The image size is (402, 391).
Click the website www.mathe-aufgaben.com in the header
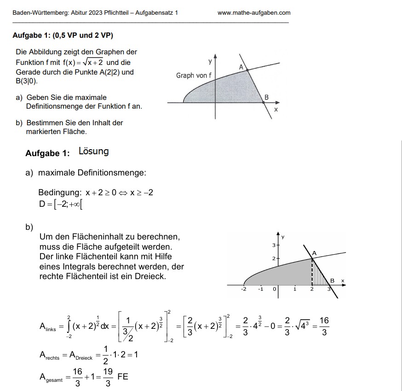[x=254, y=13]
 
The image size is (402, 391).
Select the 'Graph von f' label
[x=194, y=75]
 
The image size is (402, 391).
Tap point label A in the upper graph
[x=241, y=67]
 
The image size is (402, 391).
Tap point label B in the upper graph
[x=266, y=97]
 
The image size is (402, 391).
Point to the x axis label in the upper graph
[x=276, y=110]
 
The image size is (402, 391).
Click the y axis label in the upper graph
[x=210, y=61]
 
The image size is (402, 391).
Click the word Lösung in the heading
[x=94, y=152]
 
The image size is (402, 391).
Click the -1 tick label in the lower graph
[x=260, y=289]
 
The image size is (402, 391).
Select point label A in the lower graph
[x=315, y=253]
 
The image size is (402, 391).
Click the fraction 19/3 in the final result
[x=108, y=377]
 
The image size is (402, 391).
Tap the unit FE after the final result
[x=123, y=376]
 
